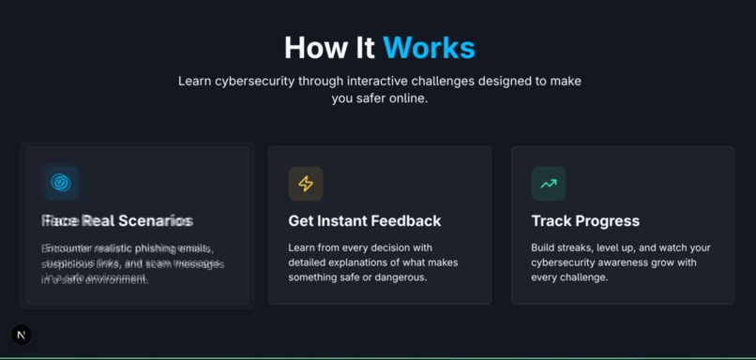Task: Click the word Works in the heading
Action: pos(429,48)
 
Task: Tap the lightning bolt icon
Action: pos(306,184)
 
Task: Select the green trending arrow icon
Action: pos(549,184)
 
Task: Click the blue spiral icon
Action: pos(61,183)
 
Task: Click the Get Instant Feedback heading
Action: pos(364,221)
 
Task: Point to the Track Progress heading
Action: pos(585,221)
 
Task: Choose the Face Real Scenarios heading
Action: pos(117,221)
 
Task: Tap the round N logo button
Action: pos(22,335)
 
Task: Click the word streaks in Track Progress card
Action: pos(582,247)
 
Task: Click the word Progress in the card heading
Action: pos(605,221)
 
